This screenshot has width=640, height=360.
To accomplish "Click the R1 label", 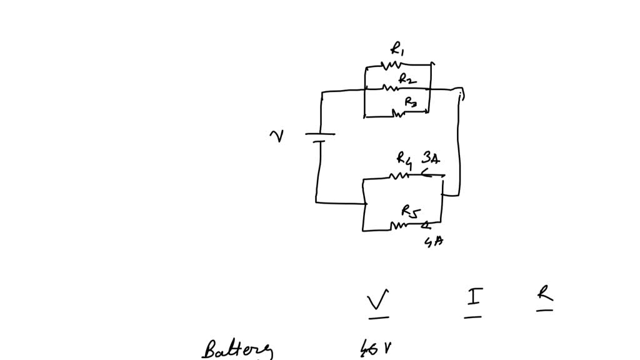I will click(x=397, y=49).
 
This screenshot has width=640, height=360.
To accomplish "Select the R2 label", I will click(x=407, y=79).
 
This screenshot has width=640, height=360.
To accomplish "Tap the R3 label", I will click(x=410, y=101).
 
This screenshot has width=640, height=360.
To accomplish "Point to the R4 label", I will click(x=404, y=160).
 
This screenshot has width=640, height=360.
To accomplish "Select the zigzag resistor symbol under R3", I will click(x=398, y=113).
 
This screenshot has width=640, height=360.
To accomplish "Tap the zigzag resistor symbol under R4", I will click(x=399, y=176).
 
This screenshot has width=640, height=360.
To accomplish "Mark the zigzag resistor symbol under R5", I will click(x=399, y=225).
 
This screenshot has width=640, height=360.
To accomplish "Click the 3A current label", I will click(x=431, y=157).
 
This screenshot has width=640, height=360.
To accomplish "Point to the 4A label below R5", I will click(x=434, y=241).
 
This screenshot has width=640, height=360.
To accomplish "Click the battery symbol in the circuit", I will click(x=319, y=137).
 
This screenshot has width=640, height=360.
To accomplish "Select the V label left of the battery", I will click(x=275, y=136).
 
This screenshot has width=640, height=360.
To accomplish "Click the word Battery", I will click(x=237, y=349).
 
